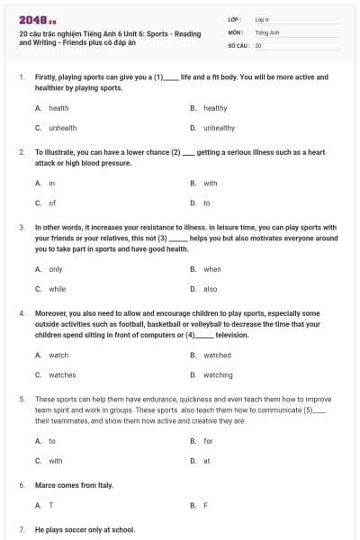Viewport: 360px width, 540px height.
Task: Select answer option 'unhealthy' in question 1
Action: tap(219, 128)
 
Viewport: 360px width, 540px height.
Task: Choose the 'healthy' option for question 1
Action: tap(215, 108)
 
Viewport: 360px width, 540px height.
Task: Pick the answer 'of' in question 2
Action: tap(52, 203)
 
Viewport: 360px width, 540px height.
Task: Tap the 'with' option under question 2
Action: tap(211, 183)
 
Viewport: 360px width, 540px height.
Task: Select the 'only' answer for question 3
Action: tap(56, 269)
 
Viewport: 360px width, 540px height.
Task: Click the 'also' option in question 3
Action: tap(211, 289)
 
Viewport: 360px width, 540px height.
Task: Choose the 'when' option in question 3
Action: tap(212, 269)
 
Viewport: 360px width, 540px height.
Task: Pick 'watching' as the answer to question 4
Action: tap(218, 375)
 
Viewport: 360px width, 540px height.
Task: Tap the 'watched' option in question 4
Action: tap(217, 355)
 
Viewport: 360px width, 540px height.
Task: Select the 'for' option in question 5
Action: tap(208, 441)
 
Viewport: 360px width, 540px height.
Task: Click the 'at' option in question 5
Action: tap(206, 461)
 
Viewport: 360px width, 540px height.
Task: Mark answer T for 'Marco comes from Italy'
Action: tap(50, 505)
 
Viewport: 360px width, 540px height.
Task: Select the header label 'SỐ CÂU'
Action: tap(237, 44)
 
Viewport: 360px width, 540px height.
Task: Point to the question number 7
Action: tap(22, 530)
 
